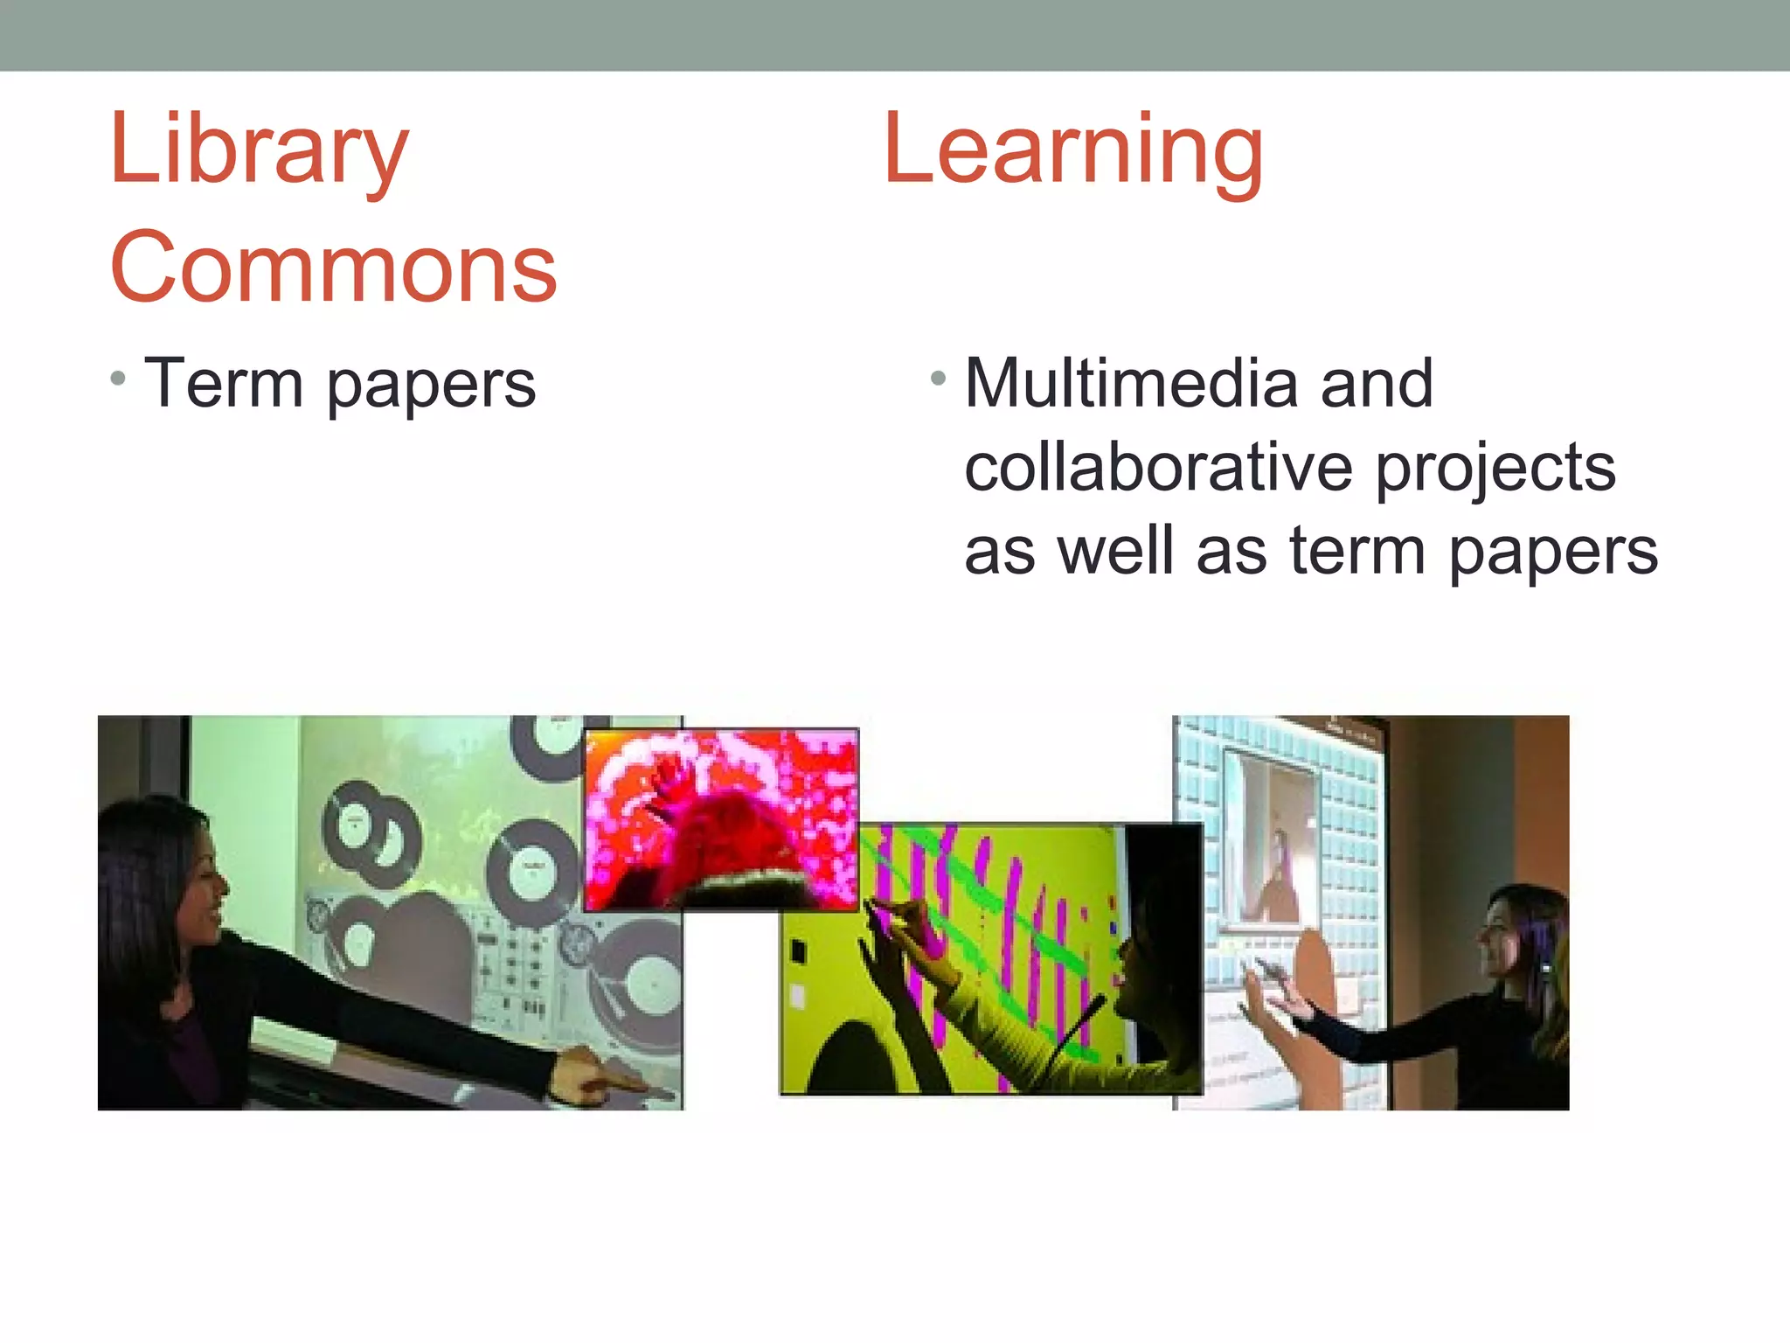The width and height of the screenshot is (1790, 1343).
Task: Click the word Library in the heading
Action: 259,151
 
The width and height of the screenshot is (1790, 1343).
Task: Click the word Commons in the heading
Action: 333,268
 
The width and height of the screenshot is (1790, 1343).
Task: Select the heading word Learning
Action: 1073,151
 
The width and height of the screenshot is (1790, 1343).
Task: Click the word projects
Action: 1495,469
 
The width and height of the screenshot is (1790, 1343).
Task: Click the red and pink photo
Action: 721,819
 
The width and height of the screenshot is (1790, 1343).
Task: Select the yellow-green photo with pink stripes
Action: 990,958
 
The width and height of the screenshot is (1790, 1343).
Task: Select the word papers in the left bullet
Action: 431,385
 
